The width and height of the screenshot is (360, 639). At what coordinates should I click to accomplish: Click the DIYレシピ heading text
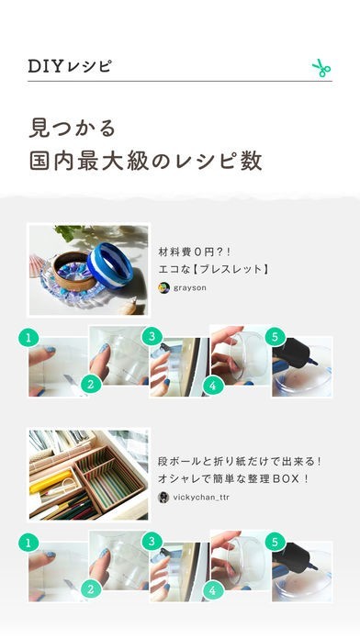(x=69, y=66)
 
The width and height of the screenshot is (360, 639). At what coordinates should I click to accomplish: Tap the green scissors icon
(x=321, y=68)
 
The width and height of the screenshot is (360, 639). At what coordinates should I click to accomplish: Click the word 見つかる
(x=73, y=128)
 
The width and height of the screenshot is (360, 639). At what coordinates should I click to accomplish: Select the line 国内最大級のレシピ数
(x=145, y=161)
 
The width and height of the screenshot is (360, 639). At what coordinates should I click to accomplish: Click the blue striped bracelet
(x=110, y=265)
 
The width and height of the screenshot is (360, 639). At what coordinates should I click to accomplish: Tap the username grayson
(x=189, y=287)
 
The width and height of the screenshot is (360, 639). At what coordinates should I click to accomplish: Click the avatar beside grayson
(x=163, y=287)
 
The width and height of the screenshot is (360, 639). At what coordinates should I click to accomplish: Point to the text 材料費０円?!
(x=195, y=252)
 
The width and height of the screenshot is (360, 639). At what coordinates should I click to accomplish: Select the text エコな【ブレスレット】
(x=214, y=269)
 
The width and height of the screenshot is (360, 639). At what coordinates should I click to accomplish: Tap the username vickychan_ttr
(x=201, y=498)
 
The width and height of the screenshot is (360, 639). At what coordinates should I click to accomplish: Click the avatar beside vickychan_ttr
(x=163, y=498)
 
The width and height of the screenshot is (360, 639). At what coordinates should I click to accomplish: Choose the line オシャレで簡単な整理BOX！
(x=233, y=479)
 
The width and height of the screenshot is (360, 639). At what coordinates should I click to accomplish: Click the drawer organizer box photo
(x=88, y=475)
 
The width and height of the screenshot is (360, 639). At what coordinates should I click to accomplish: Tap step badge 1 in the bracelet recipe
(x=28, y=338)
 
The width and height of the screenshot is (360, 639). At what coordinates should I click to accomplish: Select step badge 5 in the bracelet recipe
(x=275, y=337)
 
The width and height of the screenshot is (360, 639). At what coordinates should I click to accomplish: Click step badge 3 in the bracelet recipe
(x=152, y=337)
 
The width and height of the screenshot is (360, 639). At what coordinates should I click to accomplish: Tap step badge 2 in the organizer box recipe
(x=91, y=589)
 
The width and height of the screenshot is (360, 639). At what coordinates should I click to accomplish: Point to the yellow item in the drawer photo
(x=51, y=482)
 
